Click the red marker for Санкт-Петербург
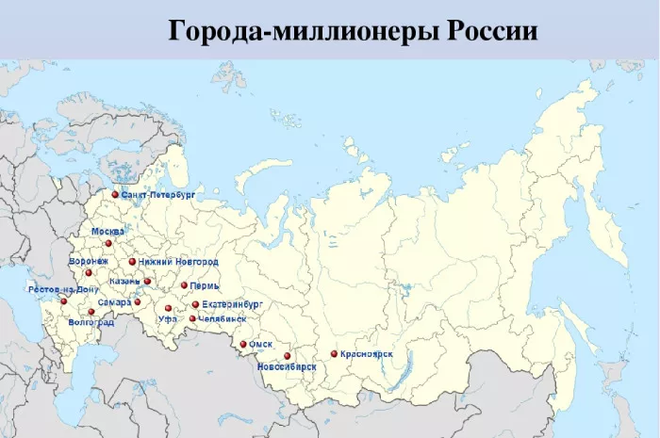(115, 195)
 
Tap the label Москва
(107, 231)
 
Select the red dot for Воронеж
(89, 273)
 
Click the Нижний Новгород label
(178, 261)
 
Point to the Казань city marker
(147, 281)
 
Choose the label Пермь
(205, 285)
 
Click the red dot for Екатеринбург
(195, 305)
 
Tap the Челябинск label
(223, 319)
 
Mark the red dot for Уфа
(169, 308)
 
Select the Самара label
(114, 302)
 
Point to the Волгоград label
(91, 323)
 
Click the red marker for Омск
(243, 345)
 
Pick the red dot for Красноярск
(334, 354)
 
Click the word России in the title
(490, 32)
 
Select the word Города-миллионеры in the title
(292, 32)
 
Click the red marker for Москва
(108, 243)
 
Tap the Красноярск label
(368, 354)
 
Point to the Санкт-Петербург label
(157, 194)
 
